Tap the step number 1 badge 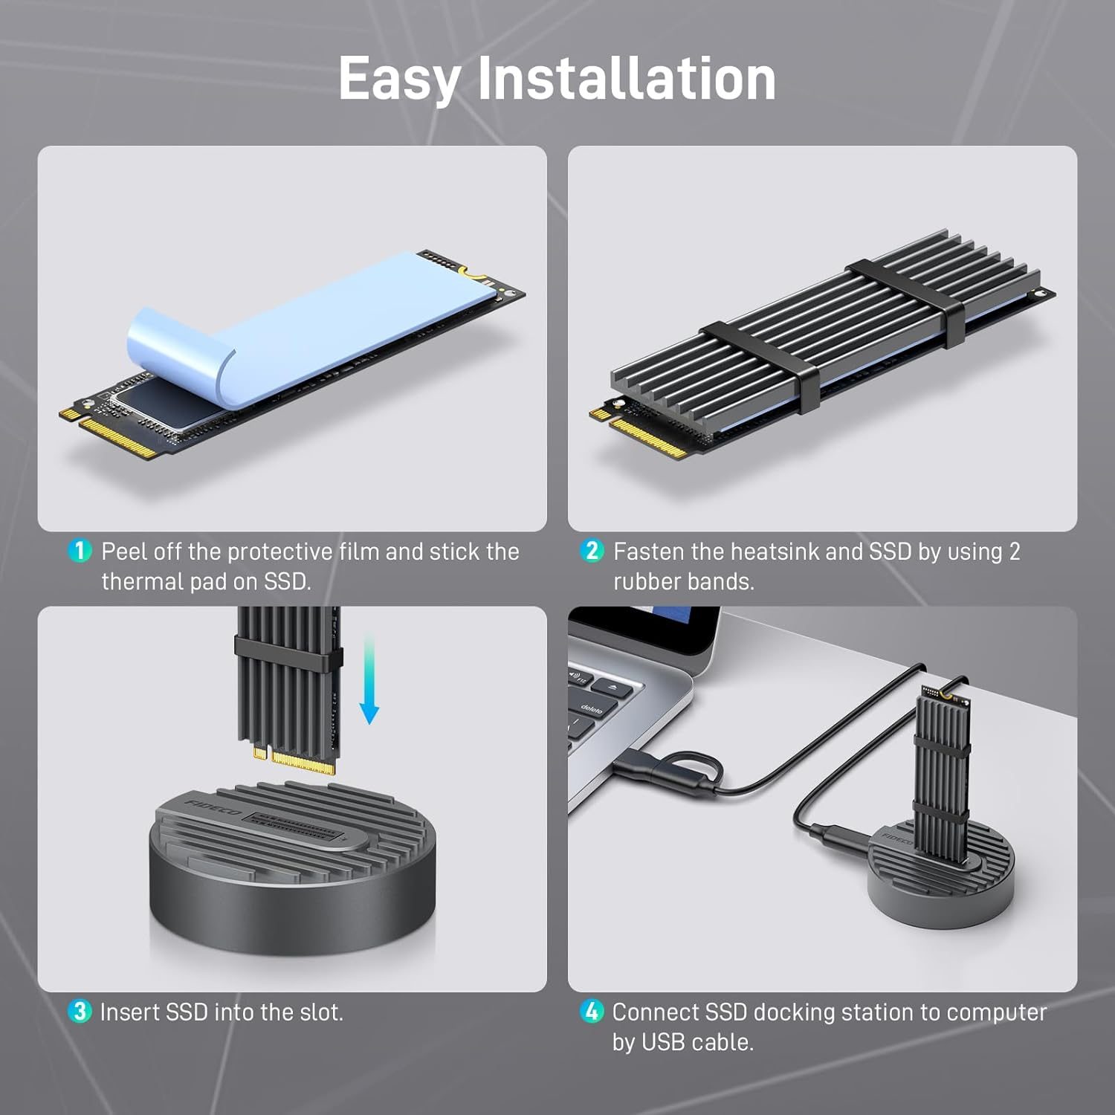click(x=80, y=551)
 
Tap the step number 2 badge click(x=592, y=551)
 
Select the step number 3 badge click(x=79, y=1011)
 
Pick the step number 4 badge click(x=592, y=1011)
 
